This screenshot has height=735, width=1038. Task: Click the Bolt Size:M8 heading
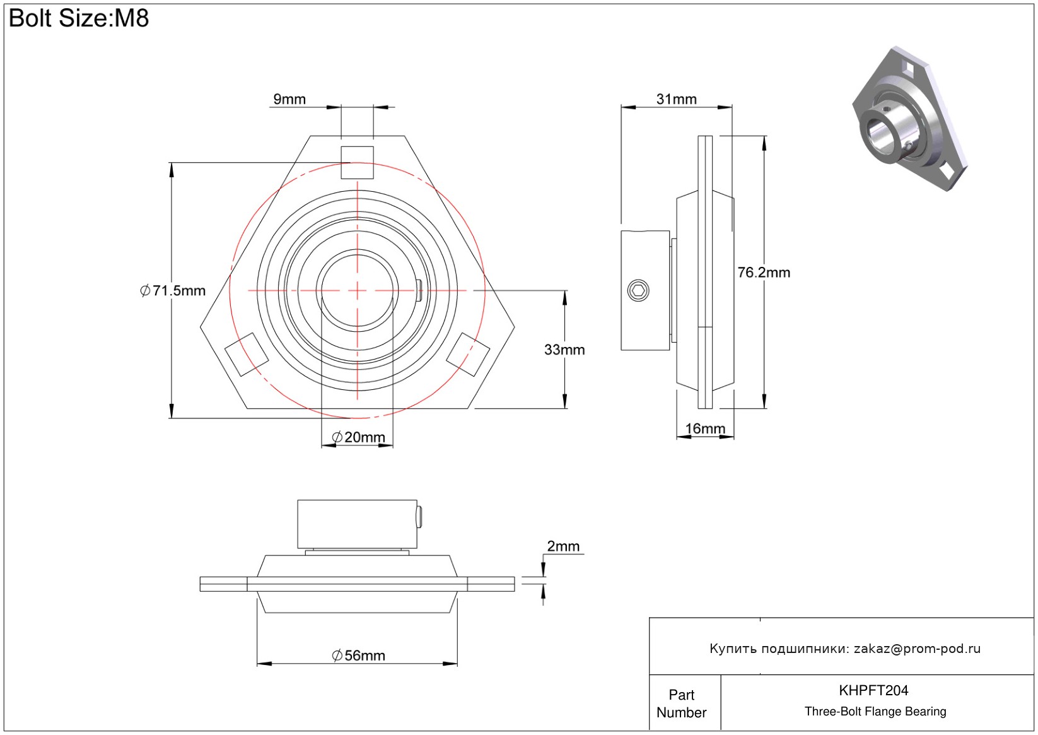point(79,18)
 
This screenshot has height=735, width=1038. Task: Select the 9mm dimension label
point(289,99)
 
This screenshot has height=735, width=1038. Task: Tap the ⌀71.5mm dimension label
point(173,291)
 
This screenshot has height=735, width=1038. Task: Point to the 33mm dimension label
point(564,350)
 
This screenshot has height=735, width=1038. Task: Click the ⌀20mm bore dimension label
point(358,437)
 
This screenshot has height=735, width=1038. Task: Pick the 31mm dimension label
point(676,99)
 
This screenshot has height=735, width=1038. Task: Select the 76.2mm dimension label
point(764,273)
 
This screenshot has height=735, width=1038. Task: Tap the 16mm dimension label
point(705,429)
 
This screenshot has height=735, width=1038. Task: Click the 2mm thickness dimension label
point(563,546)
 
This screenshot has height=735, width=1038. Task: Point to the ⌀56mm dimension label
point(358,656)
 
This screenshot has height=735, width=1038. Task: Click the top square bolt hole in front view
point(358,162)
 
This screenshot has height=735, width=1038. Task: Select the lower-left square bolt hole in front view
point(247,355)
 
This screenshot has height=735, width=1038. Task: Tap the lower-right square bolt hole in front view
point(468,355)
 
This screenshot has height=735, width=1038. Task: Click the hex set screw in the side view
point(639,290)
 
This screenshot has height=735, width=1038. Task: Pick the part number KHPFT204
point(873,690)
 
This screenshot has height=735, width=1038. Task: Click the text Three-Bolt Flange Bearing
point(875,712)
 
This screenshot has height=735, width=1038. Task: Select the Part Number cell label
point(682,703)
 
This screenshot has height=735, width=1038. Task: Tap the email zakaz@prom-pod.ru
point(917,649)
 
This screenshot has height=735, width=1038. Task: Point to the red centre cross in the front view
point(358,290)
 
